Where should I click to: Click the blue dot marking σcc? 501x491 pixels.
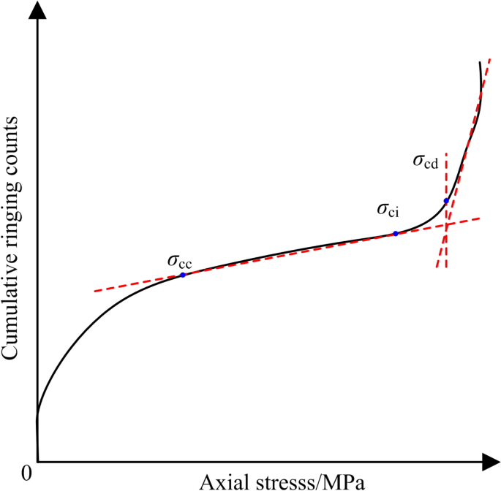point(183,275)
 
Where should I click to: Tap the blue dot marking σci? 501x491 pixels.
point(395,234)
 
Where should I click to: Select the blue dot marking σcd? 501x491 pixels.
point(445,201)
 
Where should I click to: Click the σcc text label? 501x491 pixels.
point(179,261)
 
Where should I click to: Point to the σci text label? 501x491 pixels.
point(388,210)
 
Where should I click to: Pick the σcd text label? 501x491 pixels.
point(425,161)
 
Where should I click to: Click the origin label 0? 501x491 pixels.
point(27,473)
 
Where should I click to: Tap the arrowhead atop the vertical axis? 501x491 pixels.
point(37,11)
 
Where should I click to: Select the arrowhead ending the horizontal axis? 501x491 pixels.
point(489,462)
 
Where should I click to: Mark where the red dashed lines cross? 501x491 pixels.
point(446,223)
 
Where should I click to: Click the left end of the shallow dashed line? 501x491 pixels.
point(95,292)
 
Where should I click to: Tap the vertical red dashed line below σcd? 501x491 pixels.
point(446,248)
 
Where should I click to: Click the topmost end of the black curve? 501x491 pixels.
point(479,63)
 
